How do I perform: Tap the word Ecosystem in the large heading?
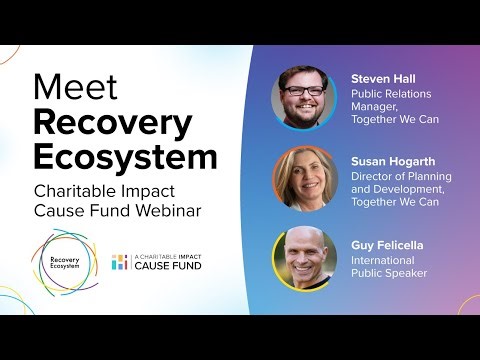pyautogui.click(x=125, y=156)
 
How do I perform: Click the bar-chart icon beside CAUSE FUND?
pyautogui.click(x=120, y=262)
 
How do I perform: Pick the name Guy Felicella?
pyautogui.click(x=387, y=243)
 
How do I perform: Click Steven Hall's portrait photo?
pyautogui.click(x=303, y=98)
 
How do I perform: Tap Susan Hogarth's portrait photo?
pyautogui.click(x=303, y=178)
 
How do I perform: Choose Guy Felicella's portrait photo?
pyautogui.click(x=303, y=258)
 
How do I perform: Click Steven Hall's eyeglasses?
pyautogui.click(x=302, y=91)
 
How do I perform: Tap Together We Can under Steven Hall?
pyautogui.click(x=395, y=121)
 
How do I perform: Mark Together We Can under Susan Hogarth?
pyautogui.click(x=395, y=202)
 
